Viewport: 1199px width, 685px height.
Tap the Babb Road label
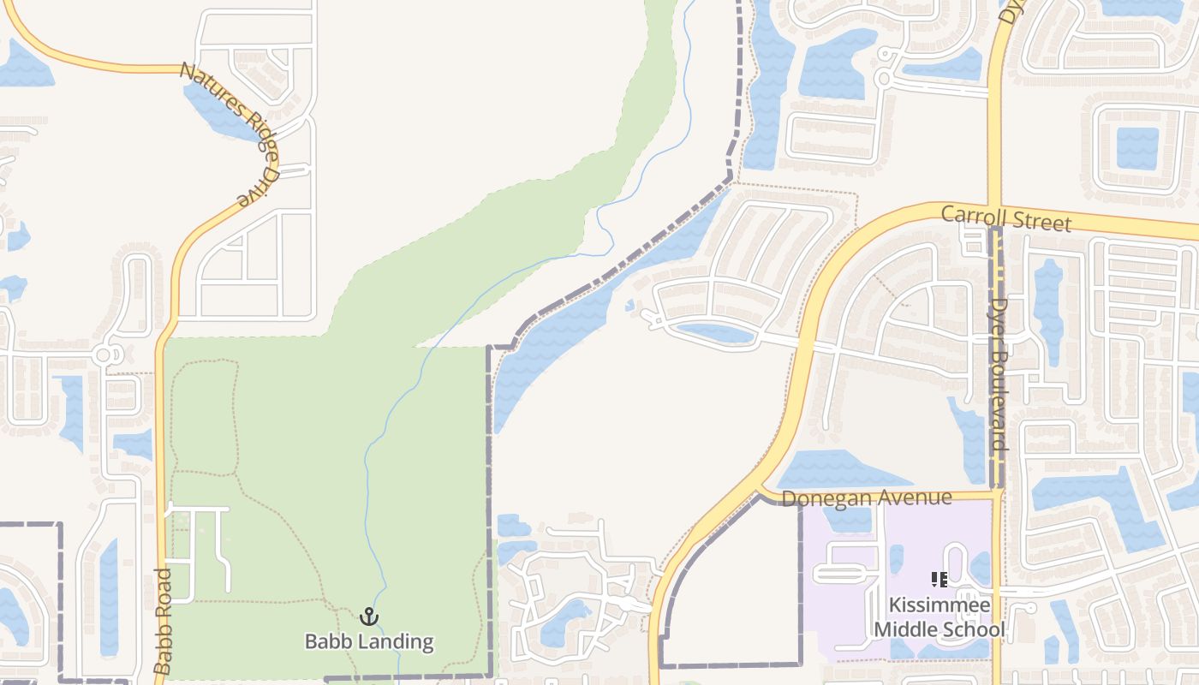coord(164,620)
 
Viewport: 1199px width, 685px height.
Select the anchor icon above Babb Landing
coord(369,616)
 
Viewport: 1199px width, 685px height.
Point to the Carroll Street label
coord(1005,217)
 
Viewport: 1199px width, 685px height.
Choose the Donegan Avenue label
coord(866,498)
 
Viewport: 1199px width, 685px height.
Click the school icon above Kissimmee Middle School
coord(940,581)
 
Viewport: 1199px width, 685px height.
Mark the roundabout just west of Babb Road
coord(104,354)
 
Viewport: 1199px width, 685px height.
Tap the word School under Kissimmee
coord(974,630)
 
